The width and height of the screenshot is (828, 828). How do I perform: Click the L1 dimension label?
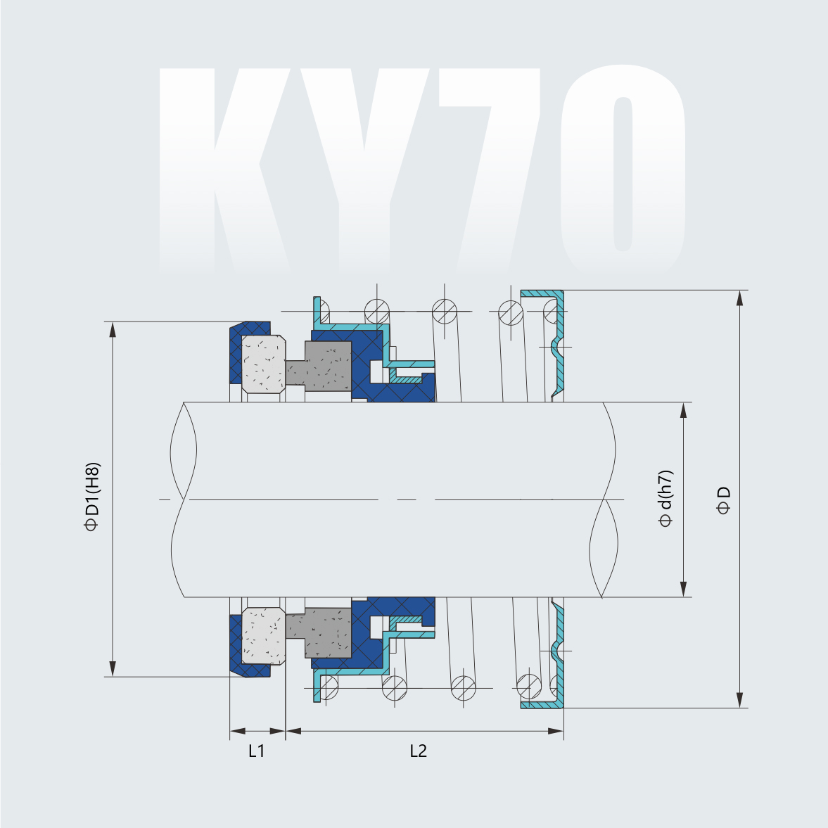(256, 751)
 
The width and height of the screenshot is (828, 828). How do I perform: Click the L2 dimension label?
(419, 751)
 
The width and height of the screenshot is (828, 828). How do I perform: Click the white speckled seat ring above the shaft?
(263, 363)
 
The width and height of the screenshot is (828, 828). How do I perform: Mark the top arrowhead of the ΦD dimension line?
(739, 298)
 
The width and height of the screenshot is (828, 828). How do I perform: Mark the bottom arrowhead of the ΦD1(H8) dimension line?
(112, 669)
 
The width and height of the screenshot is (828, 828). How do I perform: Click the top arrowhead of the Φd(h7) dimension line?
(683, 410)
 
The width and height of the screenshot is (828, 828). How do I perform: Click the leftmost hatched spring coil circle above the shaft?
(376, 310)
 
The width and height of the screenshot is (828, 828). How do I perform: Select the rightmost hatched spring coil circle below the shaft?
(528, 684)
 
